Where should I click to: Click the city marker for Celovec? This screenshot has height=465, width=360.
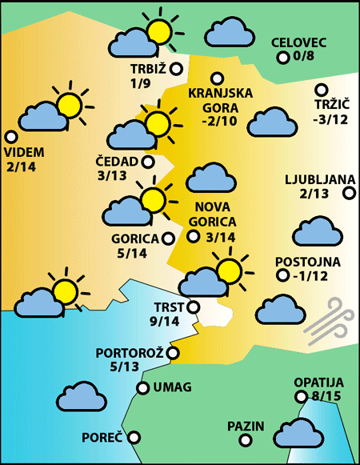click(x=282, y=58)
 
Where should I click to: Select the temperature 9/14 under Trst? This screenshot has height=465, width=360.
click(x=165, y=322)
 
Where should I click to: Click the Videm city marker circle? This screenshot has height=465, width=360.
click(x=11, y=137)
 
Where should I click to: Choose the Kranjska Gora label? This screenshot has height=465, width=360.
click(x=220, y=100)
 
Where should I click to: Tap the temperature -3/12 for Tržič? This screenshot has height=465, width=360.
click(x=331, y=120)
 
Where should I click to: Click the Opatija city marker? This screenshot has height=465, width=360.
click(x=301, y=397)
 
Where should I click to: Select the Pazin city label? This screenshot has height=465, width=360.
click(x=245, y=426)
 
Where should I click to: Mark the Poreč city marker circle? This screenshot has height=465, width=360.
click(x=134, y=437)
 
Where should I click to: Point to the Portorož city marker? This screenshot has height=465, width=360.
click(x=173, y=352)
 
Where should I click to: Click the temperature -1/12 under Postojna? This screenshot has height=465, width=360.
click(x=307, y=277)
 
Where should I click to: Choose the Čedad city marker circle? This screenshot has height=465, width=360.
click(x=148, y=162)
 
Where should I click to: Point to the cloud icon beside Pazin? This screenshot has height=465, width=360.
click(x=296, y=432)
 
